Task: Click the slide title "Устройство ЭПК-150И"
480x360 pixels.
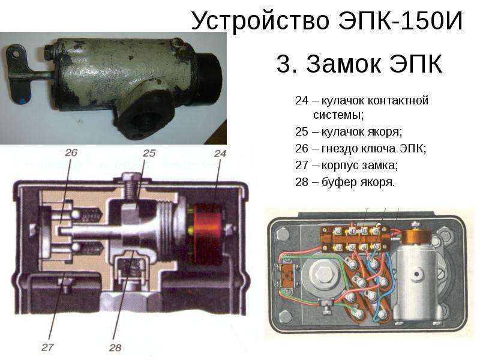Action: click(328, 22)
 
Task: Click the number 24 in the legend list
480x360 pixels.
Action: click(301, 100)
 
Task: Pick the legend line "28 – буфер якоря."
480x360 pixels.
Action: click(345, 181)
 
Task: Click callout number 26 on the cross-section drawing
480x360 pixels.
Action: click(71, 153)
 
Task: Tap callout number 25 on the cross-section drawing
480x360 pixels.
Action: click(149, 154)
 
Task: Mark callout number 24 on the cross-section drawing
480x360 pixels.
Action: click(220, 154)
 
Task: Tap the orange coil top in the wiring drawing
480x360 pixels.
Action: click(414, 237)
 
